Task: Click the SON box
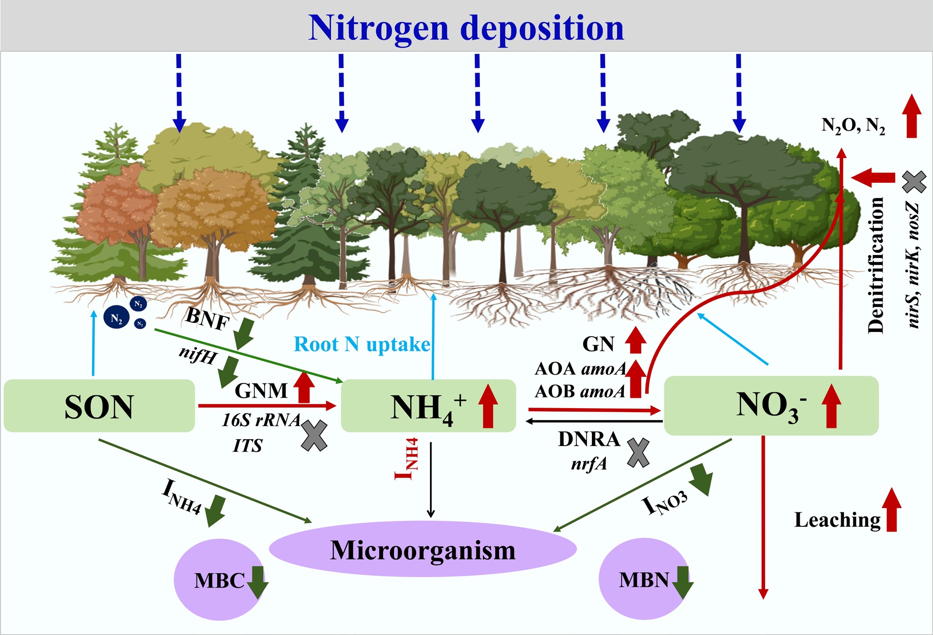click(x=99, y=406)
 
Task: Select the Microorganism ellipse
click(x=423, y=550)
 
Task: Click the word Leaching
click(x=837, y=520)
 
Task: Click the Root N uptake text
click(x=362, y=344)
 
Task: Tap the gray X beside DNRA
click(x=638, y=453)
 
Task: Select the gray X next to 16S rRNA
click(x=314, y=435)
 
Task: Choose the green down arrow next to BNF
click(x=243, y=335)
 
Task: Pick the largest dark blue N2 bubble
click(x=117, y=318)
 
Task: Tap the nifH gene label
click(x=197, y=354)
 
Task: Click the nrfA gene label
click(x=589, y=464)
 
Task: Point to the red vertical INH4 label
click(x=407, y=459)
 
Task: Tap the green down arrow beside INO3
click(x=701, y=479)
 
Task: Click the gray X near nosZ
click(x=914, y=182)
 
